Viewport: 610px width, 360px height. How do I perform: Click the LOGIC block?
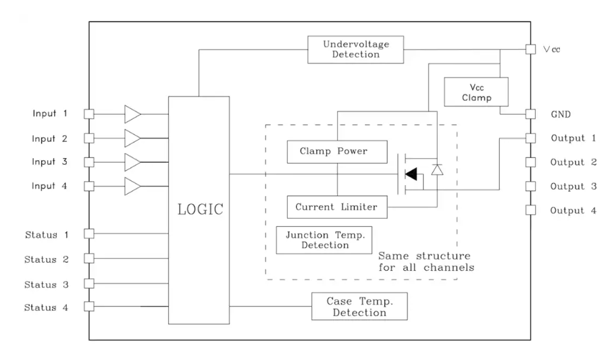tap(199, 210)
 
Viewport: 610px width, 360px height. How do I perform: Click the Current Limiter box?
tap(337, 207)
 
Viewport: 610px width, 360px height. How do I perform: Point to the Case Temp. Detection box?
tap(359, 307)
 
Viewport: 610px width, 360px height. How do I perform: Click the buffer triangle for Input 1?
tap(133, 114)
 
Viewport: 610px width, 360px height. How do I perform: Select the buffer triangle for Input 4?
tap(133, 186)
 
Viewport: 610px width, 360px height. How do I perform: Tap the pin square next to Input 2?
tap(88, 138)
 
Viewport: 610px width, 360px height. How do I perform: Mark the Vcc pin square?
tap(530, 50)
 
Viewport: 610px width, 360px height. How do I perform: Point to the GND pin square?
tap(530, 114)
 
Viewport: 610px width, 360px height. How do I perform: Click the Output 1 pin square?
tap(530, 138)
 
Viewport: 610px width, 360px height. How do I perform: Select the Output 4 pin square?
tap(530, 210)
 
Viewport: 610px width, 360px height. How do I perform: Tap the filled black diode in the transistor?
tap(411, 174)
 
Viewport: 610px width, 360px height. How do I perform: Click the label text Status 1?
tap(47, 234)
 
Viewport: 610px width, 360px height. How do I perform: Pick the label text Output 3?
tap(573, 186)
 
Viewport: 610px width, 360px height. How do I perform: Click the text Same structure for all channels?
tap(424, 262)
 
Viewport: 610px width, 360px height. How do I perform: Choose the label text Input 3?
tap(49, 162)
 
